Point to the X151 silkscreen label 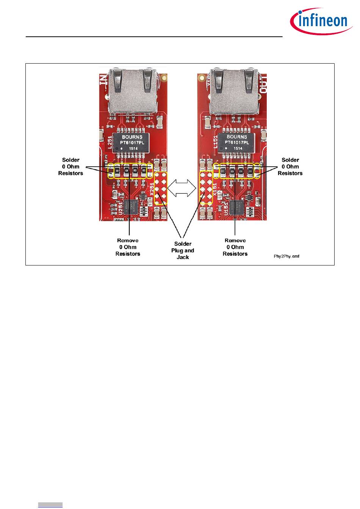[214, 188]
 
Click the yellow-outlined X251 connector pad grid [161, 188]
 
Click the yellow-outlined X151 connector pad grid [206, 188]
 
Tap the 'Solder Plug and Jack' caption [183, 250]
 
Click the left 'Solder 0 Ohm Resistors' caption [70, 167]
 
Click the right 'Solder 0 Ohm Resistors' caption [290, 167]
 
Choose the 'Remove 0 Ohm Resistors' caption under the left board [128, 247]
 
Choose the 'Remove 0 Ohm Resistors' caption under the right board [235, 247]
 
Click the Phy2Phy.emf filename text [287, 256]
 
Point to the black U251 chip [133, 207]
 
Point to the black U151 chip [238, 207]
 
